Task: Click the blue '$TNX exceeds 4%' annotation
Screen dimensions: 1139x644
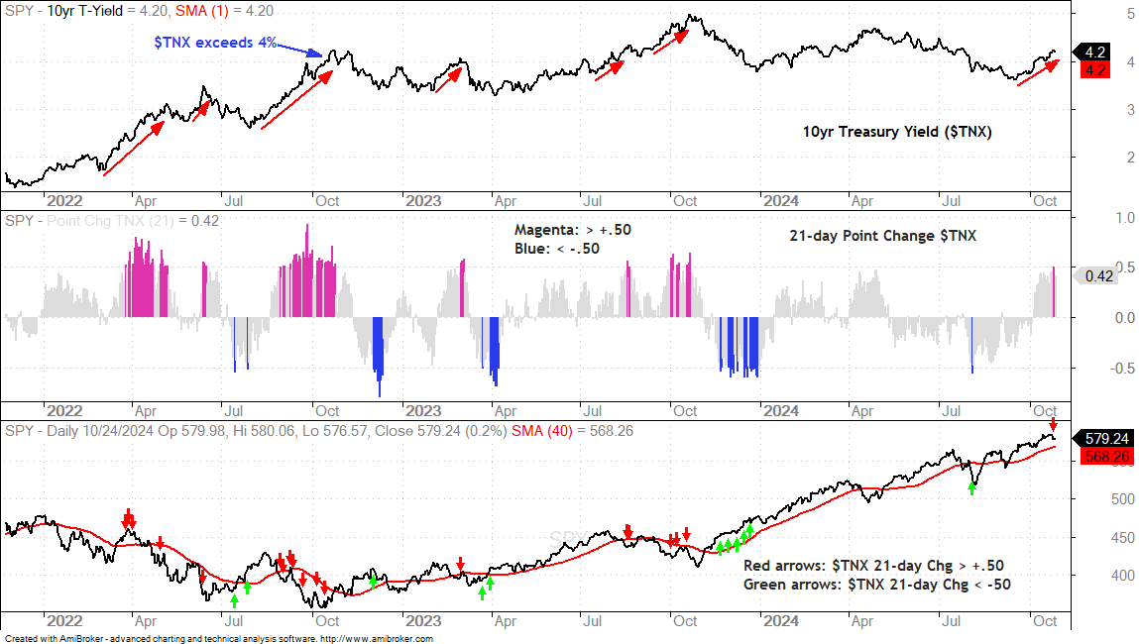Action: click(x=215, y=43)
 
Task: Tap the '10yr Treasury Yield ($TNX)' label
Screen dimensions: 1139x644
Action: click(x=896, y=132)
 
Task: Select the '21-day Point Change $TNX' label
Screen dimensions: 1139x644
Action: click(x=882, y=236)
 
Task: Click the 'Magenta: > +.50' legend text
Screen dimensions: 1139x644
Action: click(x=572, y=230)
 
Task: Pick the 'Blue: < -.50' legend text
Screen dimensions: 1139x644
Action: click(x=557, y=249)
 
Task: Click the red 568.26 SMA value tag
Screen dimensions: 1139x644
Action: click(x=1106, y=457)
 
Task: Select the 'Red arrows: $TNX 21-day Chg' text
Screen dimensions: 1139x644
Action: click(x=848, y=566)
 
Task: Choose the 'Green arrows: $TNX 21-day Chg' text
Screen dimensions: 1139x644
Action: click(x=855, y=585)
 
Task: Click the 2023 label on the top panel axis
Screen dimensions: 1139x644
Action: click(x=422, y=201)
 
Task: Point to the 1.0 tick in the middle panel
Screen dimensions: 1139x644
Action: click(x=1125, y=218)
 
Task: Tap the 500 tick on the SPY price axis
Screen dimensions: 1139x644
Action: click(x=1122, y=498)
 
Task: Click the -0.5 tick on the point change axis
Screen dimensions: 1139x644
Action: click(x=1122, y=369)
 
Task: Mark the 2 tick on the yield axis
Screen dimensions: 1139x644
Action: click(x=1130, y=157)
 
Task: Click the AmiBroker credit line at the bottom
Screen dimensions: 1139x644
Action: click(x=219, y=639)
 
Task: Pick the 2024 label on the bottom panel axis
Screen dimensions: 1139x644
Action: click(x=781, y=621)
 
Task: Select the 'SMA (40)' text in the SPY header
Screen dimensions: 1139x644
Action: click(x=541, y=431)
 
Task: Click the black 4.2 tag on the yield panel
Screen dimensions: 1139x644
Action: click(x=1094, y=53)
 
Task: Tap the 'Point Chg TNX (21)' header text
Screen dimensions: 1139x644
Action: click(x=110, y=221)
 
